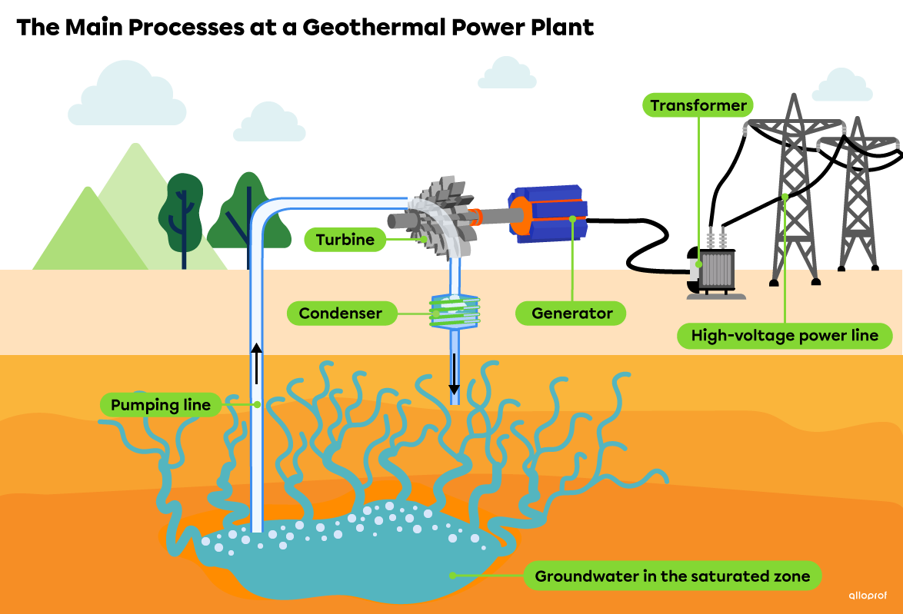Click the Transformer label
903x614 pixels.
tap(698, 105)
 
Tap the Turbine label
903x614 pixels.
tap(345, 240)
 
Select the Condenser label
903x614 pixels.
tap(340, 314)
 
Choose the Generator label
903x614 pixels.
tap(571, 314)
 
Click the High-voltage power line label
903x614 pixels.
tap(784, 336)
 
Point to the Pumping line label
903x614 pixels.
tap(161, 405)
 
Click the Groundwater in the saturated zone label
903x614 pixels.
tap(671, 576)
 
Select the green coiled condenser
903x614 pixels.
tap(454, 310)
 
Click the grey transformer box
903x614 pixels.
tap(717, 271)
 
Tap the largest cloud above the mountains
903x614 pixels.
tap(127, 96)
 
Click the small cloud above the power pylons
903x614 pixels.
tap(842, 86)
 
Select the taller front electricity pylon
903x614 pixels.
tap(792, 192)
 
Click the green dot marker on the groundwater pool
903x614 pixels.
tap(452, 575)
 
